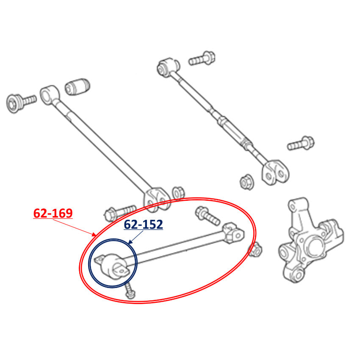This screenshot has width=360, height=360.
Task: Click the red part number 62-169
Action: pyautogui.click(x=53, y=213)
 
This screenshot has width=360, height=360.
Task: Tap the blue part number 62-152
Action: pyautogui.click(x=144, y=224)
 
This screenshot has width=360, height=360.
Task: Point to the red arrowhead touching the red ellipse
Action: pyautogui.click(x=94, y=235)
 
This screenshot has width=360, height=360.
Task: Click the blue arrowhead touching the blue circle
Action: pyautogui.click(x=130, y=242)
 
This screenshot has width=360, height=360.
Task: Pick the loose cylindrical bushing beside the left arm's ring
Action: pyautogui.click(x=78, y=87)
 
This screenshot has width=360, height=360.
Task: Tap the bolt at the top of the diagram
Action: pyautogui.click(x=202, y=58)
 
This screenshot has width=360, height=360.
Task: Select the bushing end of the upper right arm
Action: pyautogui.click(x=168, y=66)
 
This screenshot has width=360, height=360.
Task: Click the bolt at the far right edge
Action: pyautogui.click(x=301, y=143)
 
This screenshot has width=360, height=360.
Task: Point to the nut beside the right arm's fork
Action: pyautogui.click(x=247, y=182)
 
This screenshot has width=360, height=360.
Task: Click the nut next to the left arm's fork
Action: pyautogui.click(x=178, y=193)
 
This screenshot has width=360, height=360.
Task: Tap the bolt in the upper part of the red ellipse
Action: pyautogui.click(x=208, y=216)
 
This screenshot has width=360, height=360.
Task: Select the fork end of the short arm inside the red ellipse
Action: pyautogui.click(x=233, y=233)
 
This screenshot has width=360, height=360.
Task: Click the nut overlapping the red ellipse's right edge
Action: pyautogui.click(x=255, y=250)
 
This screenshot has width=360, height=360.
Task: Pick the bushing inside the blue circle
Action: pyautogui.click(x=113, y=266)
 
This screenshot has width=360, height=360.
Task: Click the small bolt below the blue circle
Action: pyautogui.click(x=130, y=291)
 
